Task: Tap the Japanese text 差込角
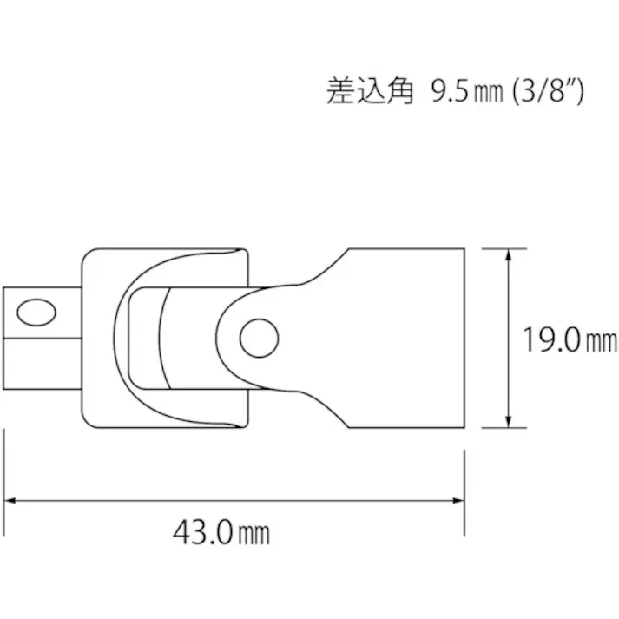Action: click(367, 92)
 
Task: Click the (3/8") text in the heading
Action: click(547, 92)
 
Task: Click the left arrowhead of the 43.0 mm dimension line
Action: click(12, 500)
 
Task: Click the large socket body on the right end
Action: click(405, 339)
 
